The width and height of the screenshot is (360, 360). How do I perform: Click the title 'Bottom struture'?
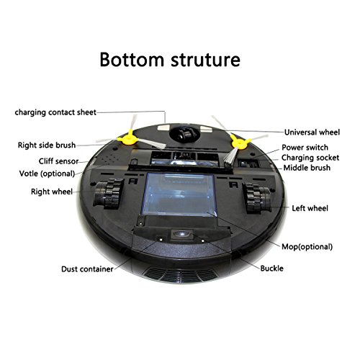coord(170,60)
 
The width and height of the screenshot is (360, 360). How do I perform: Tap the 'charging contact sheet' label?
coord(55,112)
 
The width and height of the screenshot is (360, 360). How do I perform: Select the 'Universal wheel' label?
coord(312,132)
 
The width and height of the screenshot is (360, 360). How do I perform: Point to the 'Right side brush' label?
coord(47,145)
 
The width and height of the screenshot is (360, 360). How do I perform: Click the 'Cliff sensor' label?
coord(58,161)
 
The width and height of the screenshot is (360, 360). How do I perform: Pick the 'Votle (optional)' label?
coord(48,174)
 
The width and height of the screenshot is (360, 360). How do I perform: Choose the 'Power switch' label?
coord(305,148)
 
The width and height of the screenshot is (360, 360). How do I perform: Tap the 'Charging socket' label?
coord(310,158)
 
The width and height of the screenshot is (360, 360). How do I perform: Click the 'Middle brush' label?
coord(307,168)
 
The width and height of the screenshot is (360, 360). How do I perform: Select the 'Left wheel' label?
coord(310,208)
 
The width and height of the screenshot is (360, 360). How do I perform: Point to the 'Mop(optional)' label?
coord(307,247)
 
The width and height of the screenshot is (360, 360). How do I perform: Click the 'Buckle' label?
coord(271,269)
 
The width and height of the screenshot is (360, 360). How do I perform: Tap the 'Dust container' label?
coord(87,269)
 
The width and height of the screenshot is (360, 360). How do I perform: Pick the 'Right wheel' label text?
coord(52,192)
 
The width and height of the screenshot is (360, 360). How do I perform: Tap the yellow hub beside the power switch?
coord(240,142)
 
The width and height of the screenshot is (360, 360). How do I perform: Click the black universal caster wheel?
coord(184,133)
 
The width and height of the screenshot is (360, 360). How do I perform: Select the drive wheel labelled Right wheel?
coord(109,193)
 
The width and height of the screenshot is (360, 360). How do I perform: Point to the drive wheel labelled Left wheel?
coord(257,198)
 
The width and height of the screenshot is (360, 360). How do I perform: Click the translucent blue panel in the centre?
coord(179,194)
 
